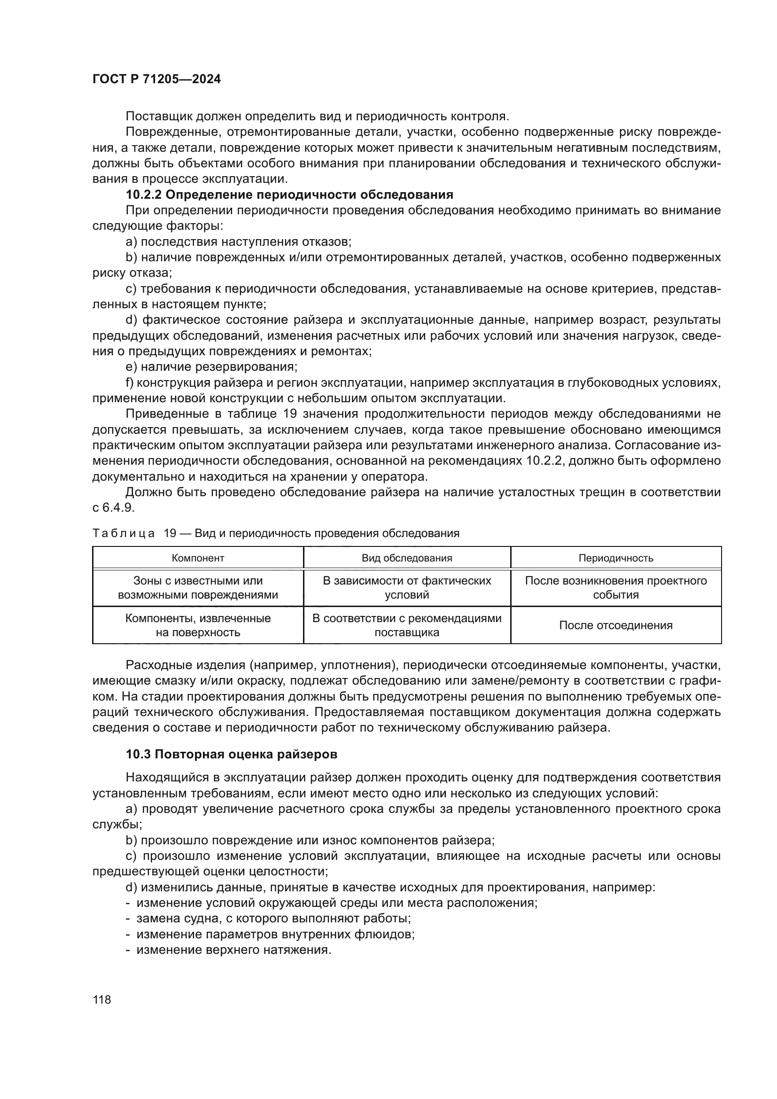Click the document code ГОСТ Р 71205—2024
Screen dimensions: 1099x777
[156, 79]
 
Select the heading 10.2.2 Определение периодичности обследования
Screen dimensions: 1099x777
[289, 195]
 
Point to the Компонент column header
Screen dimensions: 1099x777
[198, 558]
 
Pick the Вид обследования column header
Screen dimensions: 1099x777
[407, 558]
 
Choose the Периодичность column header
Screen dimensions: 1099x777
[616, 558]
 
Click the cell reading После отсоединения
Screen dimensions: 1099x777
[616, 625]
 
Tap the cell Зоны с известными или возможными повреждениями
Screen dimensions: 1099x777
[198, 588]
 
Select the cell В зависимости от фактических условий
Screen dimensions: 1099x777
[407, 588]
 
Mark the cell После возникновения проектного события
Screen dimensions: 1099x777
[616, 588]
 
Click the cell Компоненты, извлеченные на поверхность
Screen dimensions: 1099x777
[198, 625]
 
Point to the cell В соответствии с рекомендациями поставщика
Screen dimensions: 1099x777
[407, 625]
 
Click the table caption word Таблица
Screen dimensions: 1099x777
[123, 534]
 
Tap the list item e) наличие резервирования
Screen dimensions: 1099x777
[211, 367]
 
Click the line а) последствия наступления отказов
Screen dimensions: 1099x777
[238, 242]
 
